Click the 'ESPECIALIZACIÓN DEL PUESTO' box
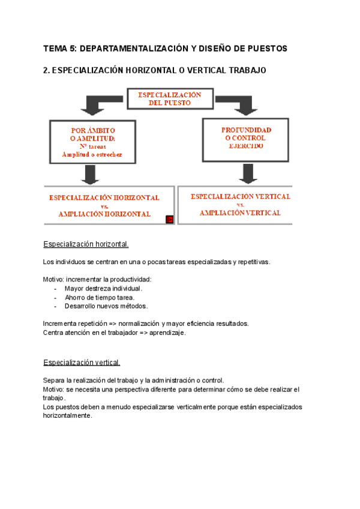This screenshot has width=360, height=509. click(x=170, y=99)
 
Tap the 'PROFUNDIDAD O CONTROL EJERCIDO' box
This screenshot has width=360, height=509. click(x=246, y=137)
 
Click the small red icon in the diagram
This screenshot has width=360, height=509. click(x=169, y=219)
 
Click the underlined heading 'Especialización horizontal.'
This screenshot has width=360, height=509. click(x=86, y=245)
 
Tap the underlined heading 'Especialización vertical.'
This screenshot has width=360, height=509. click(x=82, y=363)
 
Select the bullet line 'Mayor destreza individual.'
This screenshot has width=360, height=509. click(x=103, y=289)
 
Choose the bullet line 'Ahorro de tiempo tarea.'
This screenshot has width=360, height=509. click(x=100, y=297)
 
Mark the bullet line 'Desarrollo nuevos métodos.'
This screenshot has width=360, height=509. click(x=106, y=306)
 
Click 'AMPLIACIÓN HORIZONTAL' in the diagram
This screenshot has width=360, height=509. click(x=104, y=214)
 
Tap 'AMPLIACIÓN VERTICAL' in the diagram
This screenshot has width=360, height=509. click(x=240, y=212)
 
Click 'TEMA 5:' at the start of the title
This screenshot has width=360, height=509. click(x=59, y=48)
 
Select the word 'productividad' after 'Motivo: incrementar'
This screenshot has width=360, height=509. click(x=131, y=280)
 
